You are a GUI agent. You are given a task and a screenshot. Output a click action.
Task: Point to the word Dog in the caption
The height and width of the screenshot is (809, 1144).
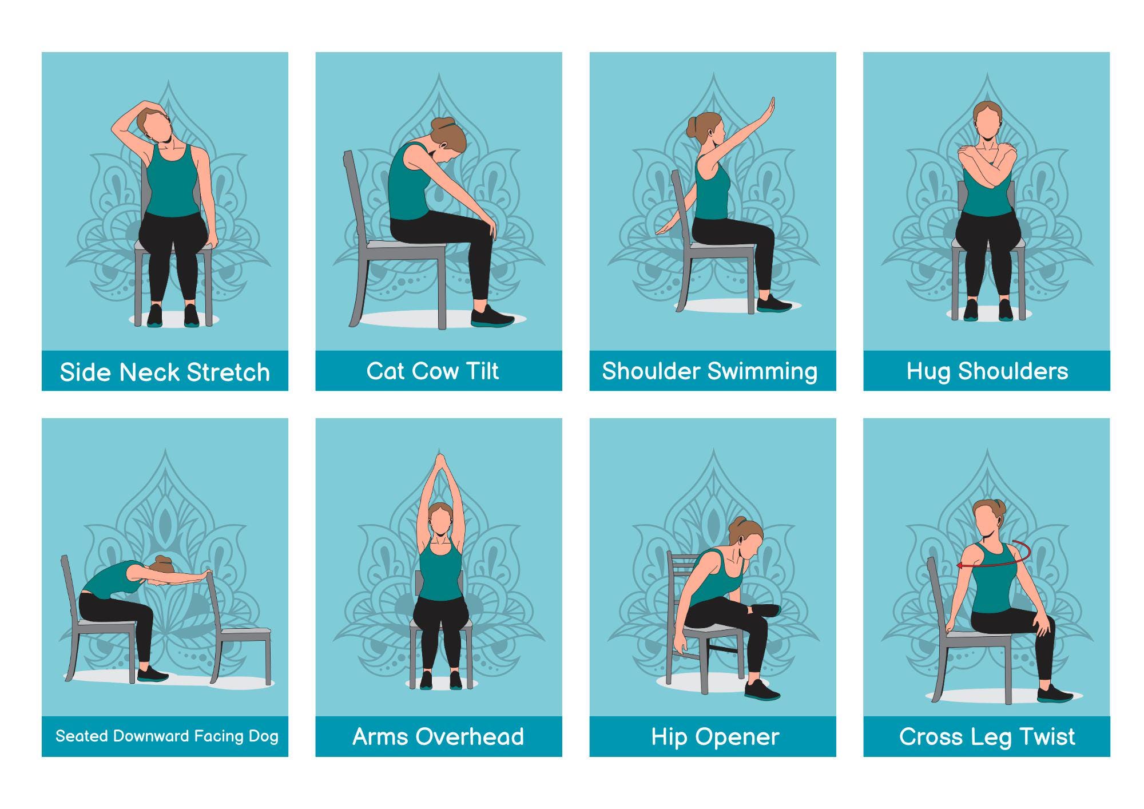tap(263, 736)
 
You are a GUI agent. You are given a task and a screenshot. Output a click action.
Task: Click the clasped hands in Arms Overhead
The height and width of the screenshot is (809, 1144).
tap(439, 462)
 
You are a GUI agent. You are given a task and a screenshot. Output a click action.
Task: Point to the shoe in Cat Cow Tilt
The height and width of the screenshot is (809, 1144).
tap(492, 317)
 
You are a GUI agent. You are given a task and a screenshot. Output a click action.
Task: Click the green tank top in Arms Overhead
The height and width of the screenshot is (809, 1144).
tap(439, 572)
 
